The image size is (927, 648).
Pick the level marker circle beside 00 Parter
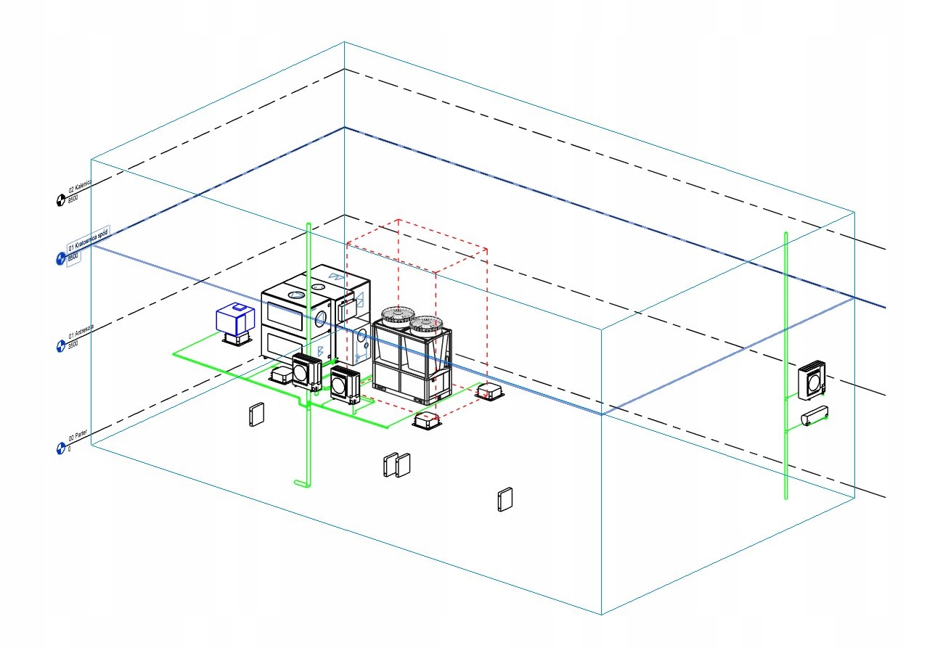[60, 448]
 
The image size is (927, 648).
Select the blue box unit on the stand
[235, 319]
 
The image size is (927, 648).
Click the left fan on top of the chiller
[397, 314]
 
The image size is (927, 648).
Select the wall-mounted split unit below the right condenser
[815, 417]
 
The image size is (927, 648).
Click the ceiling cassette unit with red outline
[490, 392]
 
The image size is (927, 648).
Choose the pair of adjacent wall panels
[397, 464]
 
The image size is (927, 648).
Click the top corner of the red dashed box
[399, 218]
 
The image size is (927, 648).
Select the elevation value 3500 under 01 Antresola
[73, 345]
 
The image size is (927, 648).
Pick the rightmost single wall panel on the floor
[505, 500]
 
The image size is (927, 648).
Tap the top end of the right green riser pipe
[786, 234]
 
